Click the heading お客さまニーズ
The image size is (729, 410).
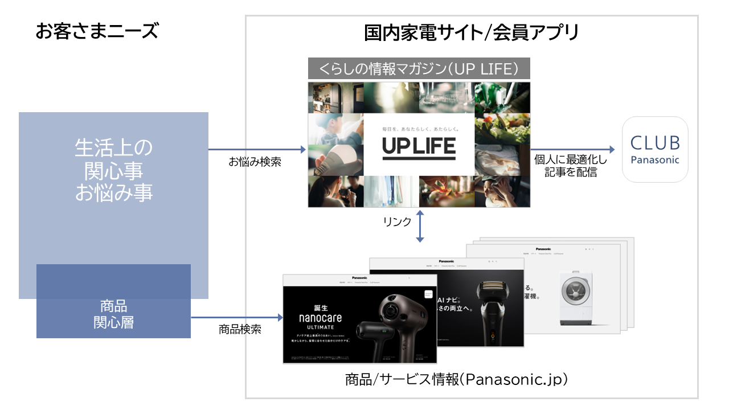96,31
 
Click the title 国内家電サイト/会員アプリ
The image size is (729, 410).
471,32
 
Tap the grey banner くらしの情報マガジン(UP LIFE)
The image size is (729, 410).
419,69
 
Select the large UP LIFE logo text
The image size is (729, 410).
419,147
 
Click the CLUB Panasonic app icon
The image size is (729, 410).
655,149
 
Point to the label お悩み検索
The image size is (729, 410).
255,162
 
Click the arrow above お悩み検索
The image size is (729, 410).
257,150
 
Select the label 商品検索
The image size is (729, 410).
240,329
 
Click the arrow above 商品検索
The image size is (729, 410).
236,317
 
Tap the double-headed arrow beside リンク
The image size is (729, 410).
420,225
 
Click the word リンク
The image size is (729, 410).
397,222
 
